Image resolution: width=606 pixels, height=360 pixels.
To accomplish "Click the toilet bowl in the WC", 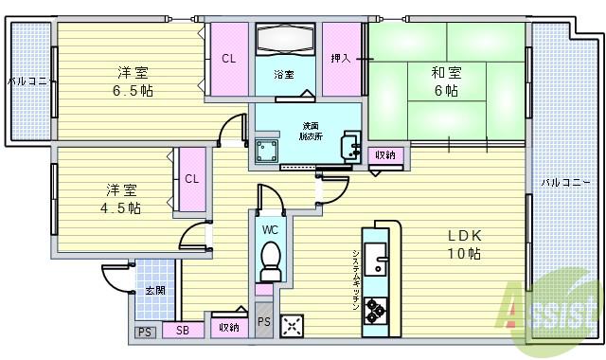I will pos(270,257).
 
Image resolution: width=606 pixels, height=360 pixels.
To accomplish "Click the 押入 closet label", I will pos(341,59).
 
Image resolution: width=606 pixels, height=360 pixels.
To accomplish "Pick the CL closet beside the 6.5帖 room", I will pos(228,59).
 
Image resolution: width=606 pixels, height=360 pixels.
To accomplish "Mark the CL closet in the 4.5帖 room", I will pos(191,178).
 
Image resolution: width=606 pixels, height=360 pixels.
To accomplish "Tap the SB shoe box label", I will pos(182,331).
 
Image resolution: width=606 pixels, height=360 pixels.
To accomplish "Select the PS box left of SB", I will pos(144,332).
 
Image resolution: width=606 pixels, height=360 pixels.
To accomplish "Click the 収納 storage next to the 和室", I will pos(385,155).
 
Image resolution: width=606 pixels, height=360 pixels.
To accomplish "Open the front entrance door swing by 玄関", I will pos(116,279).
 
